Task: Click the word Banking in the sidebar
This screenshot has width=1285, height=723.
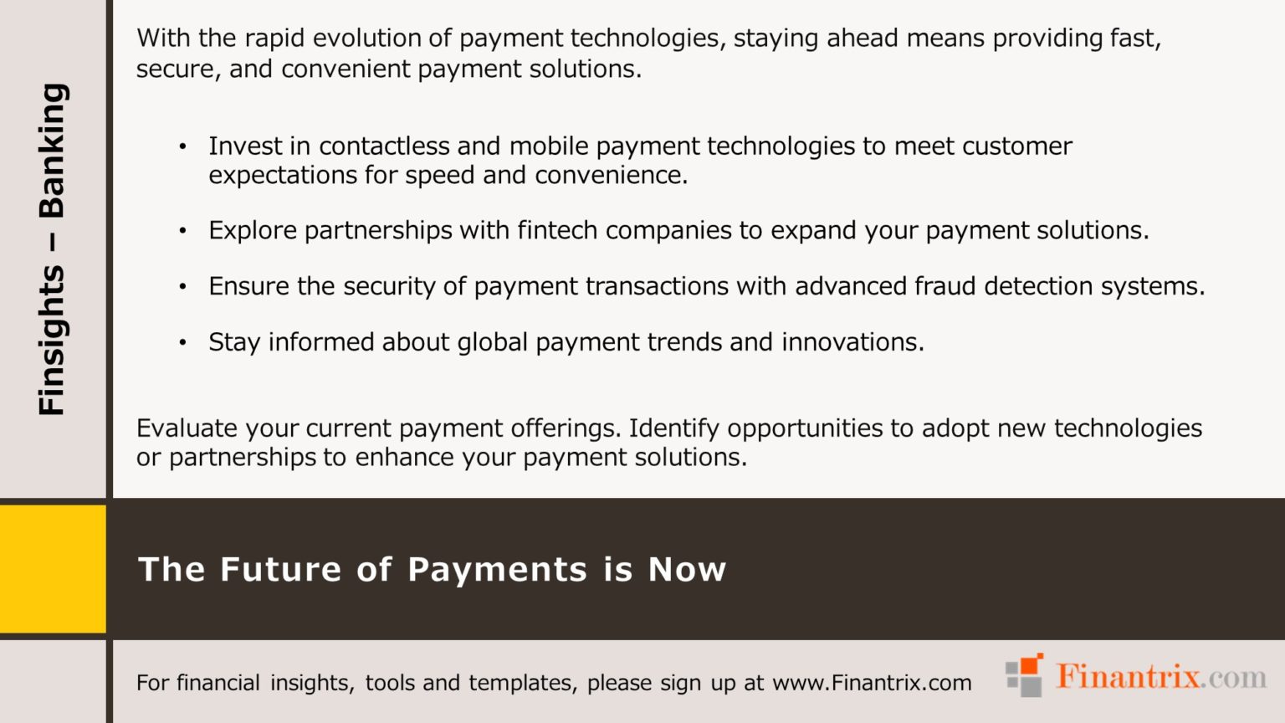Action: point(52,151)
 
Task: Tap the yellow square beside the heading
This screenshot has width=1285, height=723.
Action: point(53,569)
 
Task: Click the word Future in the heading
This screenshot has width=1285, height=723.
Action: point(281,570)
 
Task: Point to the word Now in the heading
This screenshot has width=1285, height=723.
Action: point(687,570)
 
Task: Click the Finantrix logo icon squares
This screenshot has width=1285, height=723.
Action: point(1025,675)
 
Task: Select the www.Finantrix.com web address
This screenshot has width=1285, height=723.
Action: point(872,683)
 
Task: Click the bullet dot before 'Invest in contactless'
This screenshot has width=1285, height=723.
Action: point(182,147)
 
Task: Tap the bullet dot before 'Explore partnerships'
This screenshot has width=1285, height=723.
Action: point(182,231)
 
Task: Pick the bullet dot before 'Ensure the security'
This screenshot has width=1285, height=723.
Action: point(182,287)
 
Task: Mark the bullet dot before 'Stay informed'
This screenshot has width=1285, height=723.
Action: point(182,343)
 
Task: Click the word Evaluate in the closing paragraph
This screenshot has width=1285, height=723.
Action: point(187,428)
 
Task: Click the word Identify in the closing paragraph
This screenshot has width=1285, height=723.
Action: point(673,428)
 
